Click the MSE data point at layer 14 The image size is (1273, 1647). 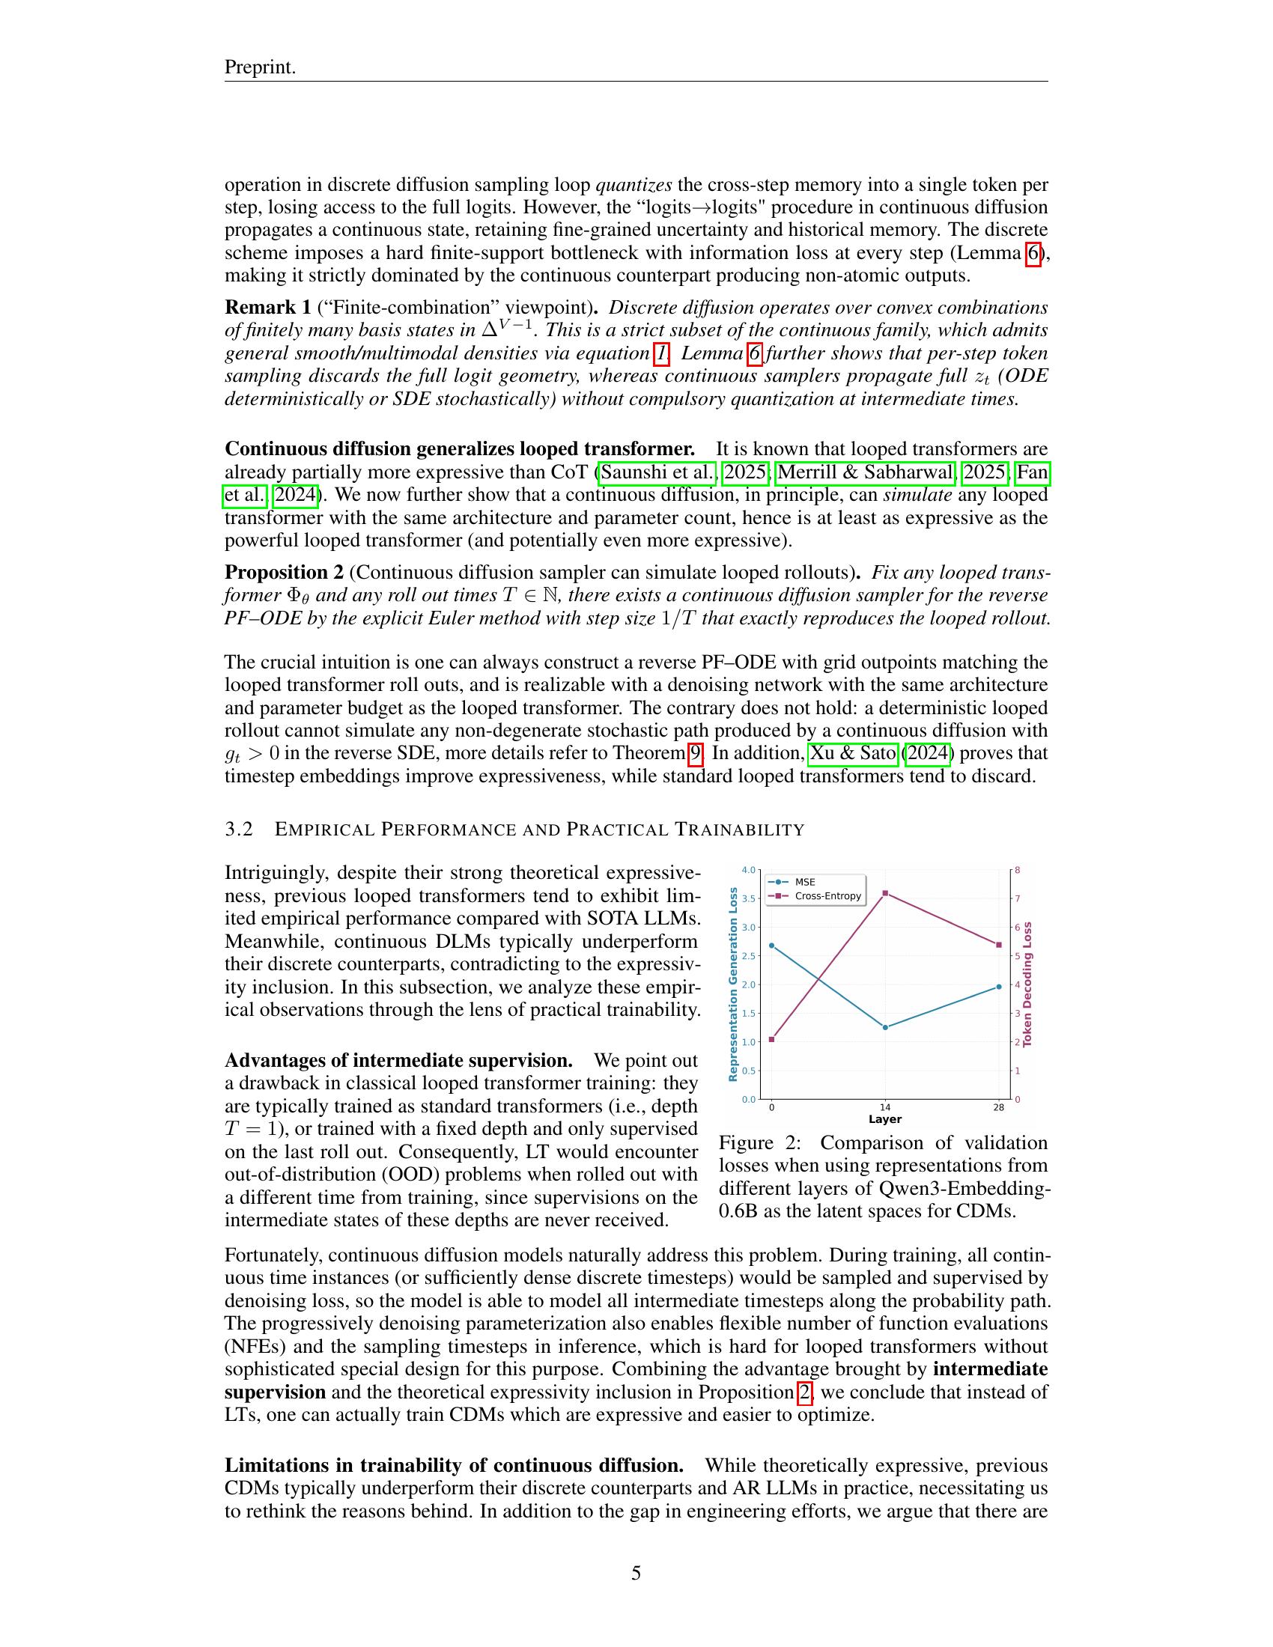[885, 1027]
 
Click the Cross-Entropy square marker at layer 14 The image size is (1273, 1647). [885, 893]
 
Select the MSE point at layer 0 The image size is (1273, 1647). [771, 945]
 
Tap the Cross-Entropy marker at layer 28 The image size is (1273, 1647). [999, 944]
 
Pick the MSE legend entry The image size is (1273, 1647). [805, 882]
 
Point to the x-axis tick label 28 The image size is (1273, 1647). [998, 1107]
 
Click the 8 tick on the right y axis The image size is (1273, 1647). [1018, 870]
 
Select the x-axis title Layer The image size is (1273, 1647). [884, 1119]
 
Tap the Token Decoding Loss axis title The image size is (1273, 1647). [1027, 984]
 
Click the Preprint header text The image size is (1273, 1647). [260, 67]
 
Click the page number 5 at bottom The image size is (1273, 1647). [636, 1573]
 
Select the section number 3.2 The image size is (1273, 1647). [239, 829]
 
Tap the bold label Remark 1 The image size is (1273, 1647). [268, 307]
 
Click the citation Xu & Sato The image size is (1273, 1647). [852, 753]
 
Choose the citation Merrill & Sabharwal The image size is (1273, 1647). [865, 473]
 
